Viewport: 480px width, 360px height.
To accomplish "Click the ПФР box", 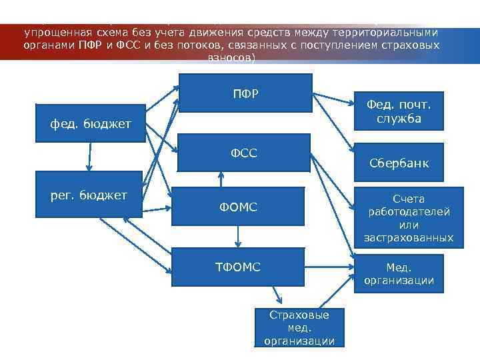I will (246, 93).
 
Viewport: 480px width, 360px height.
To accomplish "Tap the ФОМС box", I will (238, 208).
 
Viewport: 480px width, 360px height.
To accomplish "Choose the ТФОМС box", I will (237, 267).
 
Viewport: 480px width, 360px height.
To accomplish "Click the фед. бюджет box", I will (91, 123).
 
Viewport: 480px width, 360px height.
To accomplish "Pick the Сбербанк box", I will (399, 163).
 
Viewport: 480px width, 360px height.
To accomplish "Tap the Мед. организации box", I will (399, 274).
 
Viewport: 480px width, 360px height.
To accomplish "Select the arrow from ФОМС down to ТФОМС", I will (237, 237).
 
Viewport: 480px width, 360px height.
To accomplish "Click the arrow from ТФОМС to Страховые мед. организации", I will (275, 297).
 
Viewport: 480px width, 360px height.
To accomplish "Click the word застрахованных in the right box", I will (408, 237).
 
